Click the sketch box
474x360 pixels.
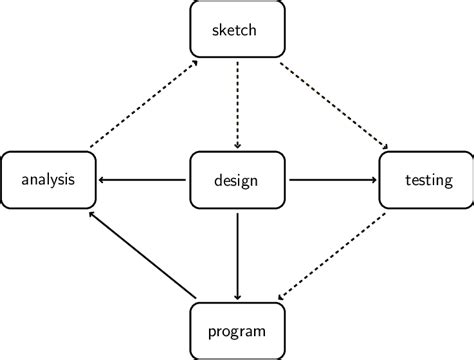(x=237, y=29)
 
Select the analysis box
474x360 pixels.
(x=48, y=180)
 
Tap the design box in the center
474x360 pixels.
(x=237, y=180)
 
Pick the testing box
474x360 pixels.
(x=427, y=180)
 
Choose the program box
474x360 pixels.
(x=237, y=331)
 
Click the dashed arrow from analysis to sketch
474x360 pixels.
(x=143, y=104)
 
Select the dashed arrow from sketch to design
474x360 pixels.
(x=237, y=104)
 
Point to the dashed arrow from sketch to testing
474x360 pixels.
(x=332, y=104)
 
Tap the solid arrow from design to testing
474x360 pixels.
(x=332, y=180)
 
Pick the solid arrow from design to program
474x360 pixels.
(x=237, y=255)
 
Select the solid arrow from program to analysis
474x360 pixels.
(x=139, y=254)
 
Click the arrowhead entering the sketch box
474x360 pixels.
(x=194, y=63)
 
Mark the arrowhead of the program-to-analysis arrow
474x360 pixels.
(x=91, y=214)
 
